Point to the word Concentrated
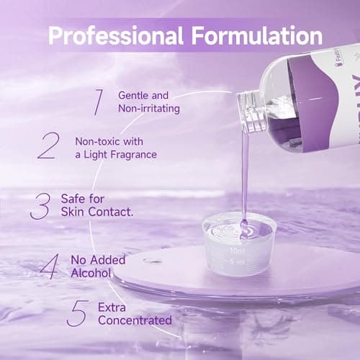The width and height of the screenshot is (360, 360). [136, 320]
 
